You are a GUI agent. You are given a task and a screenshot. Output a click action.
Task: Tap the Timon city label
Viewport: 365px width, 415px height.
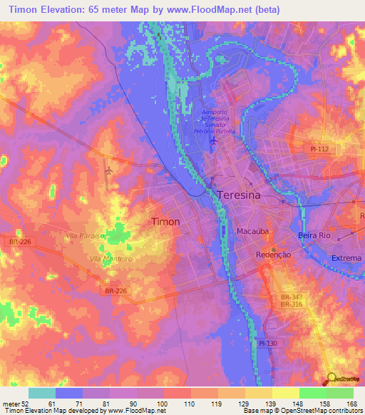point(165,222)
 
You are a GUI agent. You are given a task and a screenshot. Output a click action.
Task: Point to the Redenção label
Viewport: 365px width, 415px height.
point(272,255)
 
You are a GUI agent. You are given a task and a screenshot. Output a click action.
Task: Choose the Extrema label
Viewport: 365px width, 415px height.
point(346,257)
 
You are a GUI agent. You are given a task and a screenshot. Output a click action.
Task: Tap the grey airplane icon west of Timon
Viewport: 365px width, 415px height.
point(108,171)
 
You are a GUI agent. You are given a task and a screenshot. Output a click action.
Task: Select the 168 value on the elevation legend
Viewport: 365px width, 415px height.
point(351,403)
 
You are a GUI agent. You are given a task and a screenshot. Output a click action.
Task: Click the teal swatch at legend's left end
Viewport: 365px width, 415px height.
point(42,393)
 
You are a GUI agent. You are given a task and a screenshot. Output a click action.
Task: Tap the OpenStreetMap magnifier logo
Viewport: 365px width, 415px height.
point(331,378)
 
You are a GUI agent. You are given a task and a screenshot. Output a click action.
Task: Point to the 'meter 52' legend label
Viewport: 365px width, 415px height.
point(14,403)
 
